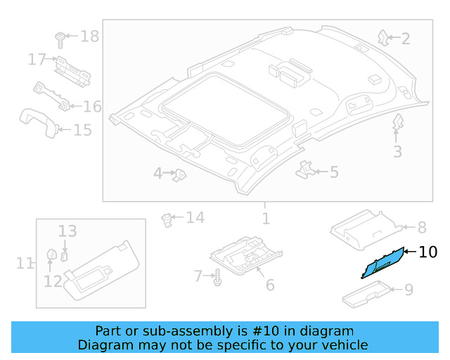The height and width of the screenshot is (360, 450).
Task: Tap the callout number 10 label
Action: click(427, 252)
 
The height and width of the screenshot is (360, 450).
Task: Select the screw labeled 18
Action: click(60, 37)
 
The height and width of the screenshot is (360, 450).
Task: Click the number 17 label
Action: click(37, 60)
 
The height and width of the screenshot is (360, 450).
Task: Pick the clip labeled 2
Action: click(383, 37)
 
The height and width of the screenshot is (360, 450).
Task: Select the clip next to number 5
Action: click(304, 169)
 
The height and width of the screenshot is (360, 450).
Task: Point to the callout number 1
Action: click(266, 219)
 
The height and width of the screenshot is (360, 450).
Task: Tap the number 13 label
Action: click(67, 231)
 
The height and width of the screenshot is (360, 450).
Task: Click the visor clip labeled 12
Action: click(51, 255)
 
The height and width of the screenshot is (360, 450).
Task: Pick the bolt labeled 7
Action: click(217, 277)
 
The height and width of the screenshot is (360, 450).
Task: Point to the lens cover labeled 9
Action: click(367, 293)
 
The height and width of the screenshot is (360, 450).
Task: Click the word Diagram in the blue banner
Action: click(105, 345)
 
